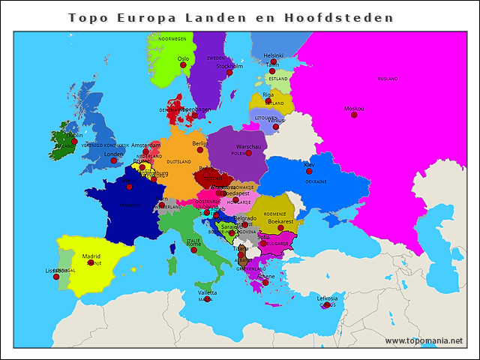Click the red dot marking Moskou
pyautogui.click(x=354, y=115)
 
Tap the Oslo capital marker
pyautogui.click(x=183, y=65)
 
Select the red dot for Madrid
pyautogui.click(x=91, y=262)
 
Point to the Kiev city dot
pyautogui.click(x=309, y=171)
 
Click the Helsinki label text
pyautogui.click(x=274, y=55)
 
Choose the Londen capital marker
pyautogui.click(x=114, y=160)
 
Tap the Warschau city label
pyautogui.click(x=248, y=147)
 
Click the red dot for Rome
pyautogui.click(x=193, y=250)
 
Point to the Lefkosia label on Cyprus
pyautogui.click(x=327, y=298)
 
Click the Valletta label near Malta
pyautogui.click(x=207, y=292)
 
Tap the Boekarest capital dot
pyautogui.click(x=280, y=228)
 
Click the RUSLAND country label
pyautogui.click(x=388, y=79)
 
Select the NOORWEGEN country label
pyautogui.click(x=172, y=38)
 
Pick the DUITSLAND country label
pyautogui.click(x=178, y=161)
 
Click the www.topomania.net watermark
pyautogui.click(x=424, y=340)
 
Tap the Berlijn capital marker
pyautogui.click(x=200, y=150)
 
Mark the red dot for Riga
pyautogui.click(x=268, y=100)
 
